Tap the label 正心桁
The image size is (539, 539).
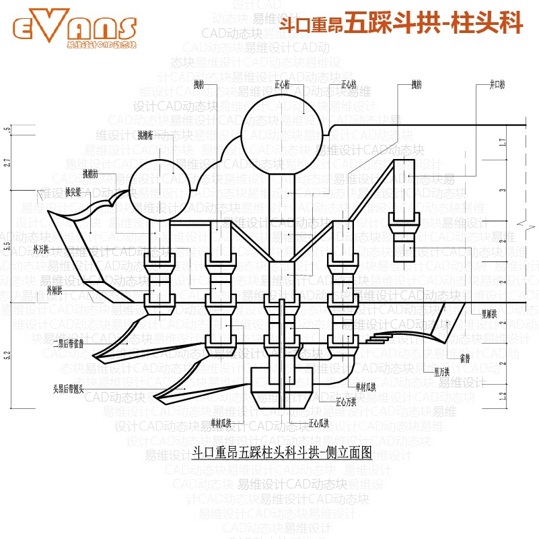pyautogui.click(x=283, y=86)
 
